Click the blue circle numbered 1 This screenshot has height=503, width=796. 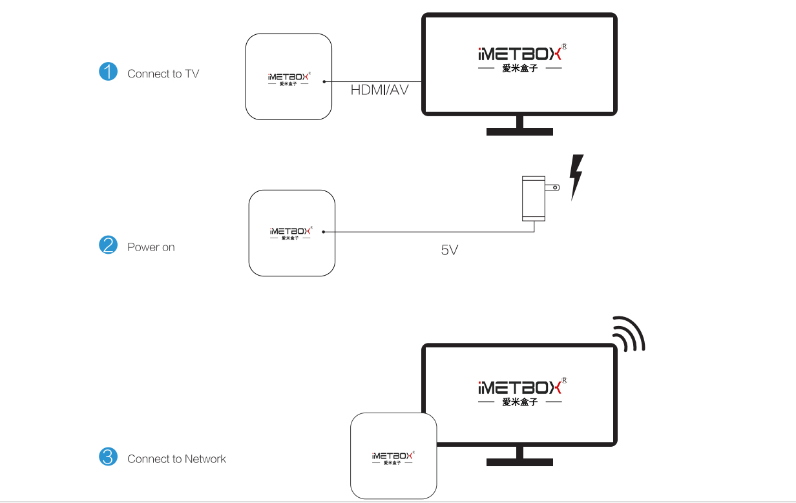point(108,72)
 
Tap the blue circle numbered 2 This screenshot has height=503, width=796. point(108,245)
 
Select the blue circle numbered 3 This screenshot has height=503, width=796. point(108,457)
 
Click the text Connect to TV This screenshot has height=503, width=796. point(163,74)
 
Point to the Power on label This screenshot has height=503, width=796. point(151,247)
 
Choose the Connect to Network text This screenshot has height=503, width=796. point(176,459)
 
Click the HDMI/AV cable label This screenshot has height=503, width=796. point(379,90)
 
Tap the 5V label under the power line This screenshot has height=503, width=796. point(450,250)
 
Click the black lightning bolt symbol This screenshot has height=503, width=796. point(576,176)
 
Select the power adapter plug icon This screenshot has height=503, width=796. point(536,198)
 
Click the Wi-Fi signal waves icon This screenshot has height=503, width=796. point(630,334)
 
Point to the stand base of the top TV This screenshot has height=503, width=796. point(519,132)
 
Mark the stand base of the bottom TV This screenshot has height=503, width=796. point(519,462)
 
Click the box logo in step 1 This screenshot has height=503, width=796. point(289,78)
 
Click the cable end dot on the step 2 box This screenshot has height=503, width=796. point(323,232)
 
